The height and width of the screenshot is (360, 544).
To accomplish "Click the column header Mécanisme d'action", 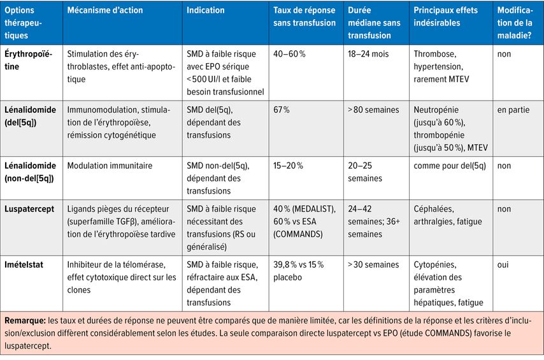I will (x=105, y=11).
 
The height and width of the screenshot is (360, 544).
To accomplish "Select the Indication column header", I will (x=205, y=11).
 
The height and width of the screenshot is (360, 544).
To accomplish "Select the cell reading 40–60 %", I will (x=289, y=54).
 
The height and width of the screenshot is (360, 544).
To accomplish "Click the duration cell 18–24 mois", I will (x=368, y=54).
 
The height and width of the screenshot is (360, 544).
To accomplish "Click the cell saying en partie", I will (x=513, y=110).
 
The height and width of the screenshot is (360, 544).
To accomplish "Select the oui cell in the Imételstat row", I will (x=504, y=264).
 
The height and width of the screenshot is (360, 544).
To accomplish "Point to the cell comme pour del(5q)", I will (x=448, y=166).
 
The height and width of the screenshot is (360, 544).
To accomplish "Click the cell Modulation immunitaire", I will (x=110, y=166).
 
